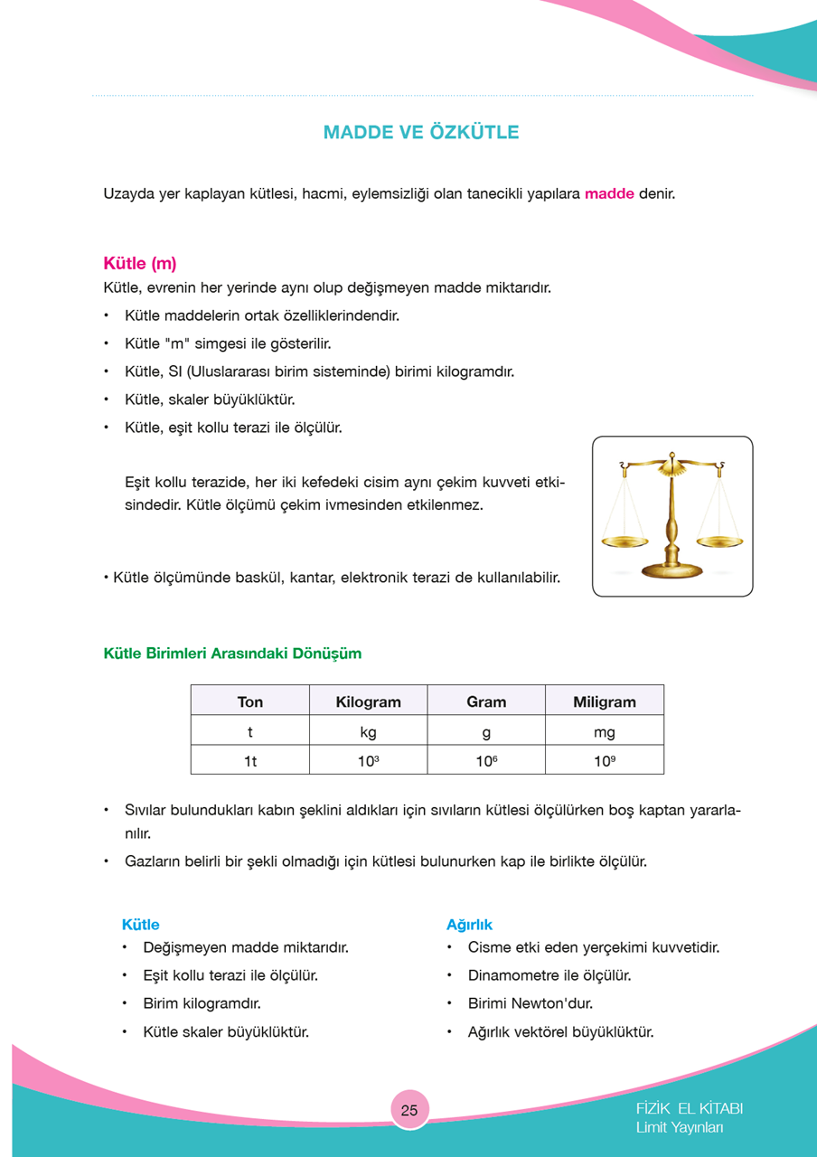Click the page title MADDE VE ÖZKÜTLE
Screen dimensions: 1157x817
(421, 133)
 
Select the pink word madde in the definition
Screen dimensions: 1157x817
(609, 193)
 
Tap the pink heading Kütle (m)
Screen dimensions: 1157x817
(140, 264)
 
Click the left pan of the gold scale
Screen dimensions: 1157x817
(624, 541)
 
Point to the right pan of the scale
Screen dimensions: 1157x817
(720, 541)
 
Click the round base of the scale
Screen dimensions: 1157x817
(671, 570)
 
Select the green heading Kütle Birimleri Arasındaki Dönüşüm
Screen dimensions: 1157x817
(232, 653)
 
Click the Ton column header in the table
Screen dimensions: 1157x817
(250, 701)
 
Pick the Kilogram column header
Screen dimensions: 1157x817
(368, 701)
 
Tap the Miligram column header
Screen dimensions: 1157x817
(605, 701)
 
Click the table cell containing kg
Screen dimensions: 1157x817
(368, 731)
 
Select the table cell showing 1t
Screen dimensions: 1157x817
(250, 761)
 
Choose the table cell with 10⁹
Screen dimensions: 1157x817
(605, 761)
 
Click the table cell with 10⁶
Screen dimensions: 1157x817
(486, 761)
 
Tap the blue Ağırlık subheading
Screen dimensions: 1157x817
(469, 925)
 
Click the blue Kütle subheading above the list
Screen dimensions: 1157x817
(140, 925)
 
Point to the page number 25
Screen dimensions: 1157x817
(409, 1110)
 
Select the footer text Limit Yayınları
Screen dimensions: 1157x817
(680, 1127)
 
